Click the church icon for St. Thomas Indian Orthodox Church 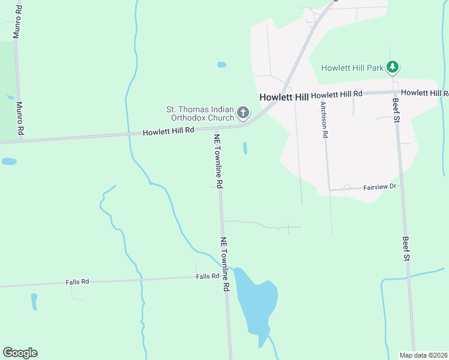(x=243, y=112)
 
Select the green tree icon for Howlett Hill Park (x=393, y=67)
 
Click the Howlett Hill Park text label (x=352, y=68)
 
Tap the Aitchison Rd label (x=324, y=119)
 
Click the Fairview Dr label (x=380, y=187)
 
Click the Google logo (x=20, y=353)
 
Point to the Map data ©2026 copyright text (x=424, y=355)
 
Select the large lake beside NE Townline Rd (x=256, y=303)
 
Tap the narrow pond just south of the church (x=245, y=148)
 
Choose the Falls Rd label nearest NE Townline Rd (x=208, y=276)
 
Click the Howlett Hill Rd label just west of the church (x=169, y=131)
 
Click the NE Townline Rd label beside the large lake (x=225, y=264)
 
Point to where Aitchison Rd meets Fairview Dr (x=328, y=190)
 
